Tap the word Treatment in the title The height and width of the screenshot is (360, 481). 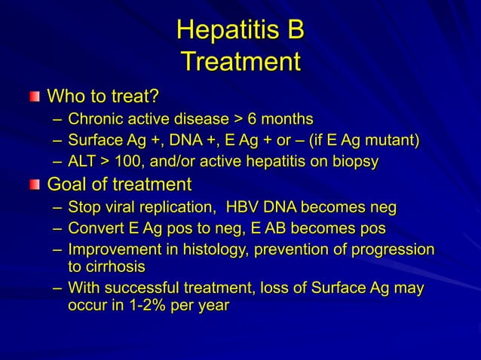pyautogui.click(x=240, y=62)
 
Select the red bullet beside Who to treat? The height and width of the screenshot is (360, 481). pyautogui.click(x=35, y=96)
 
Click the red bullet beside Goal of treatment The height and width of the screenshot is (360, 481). pyautogui.click(x=35, y=185)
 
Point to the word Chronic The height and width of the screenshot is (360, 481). pyautogui.click(x=95, y=119)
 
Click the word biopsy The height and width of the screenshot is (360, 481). pyautogui.click(x=353, y=161)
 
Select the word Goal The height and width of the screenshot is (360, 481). pyautogui.click(x=67, y=185)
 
